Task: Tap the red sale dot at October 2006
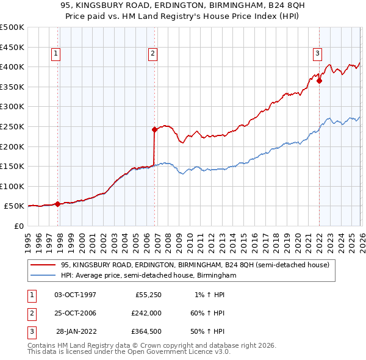(x=154, y=129)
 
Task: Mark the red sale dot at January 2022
(x=320, y=81)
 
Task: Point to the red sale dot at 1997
(x=58, y=204)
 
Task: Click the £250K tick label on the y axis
(x=12, y=126)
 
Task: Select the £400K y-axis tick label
(x=12, y=67)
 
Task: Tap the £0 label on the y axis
(x=18, y=226)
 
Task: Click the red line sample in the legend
(x=43, y=265)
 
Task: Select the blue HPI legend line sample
(x=43, y=276)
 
